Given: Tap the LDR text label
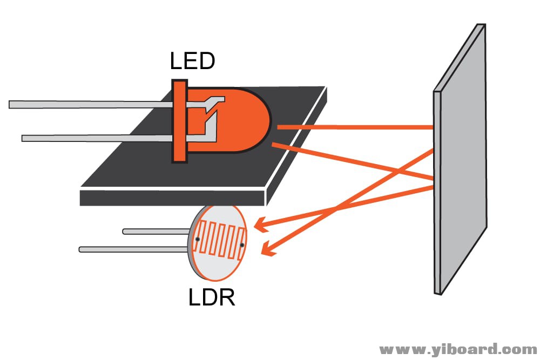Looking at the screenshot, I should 212,297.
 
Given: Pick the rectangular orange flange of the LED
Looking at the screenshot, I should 179,121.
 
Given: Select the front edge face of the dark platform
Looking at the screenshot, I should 173,197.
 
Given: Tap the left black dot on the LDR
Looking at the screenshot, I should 198,239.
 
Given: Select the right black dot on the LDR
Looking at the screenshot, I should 242,246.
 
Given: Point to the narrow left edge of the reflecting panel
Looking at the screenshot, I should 437,189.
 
